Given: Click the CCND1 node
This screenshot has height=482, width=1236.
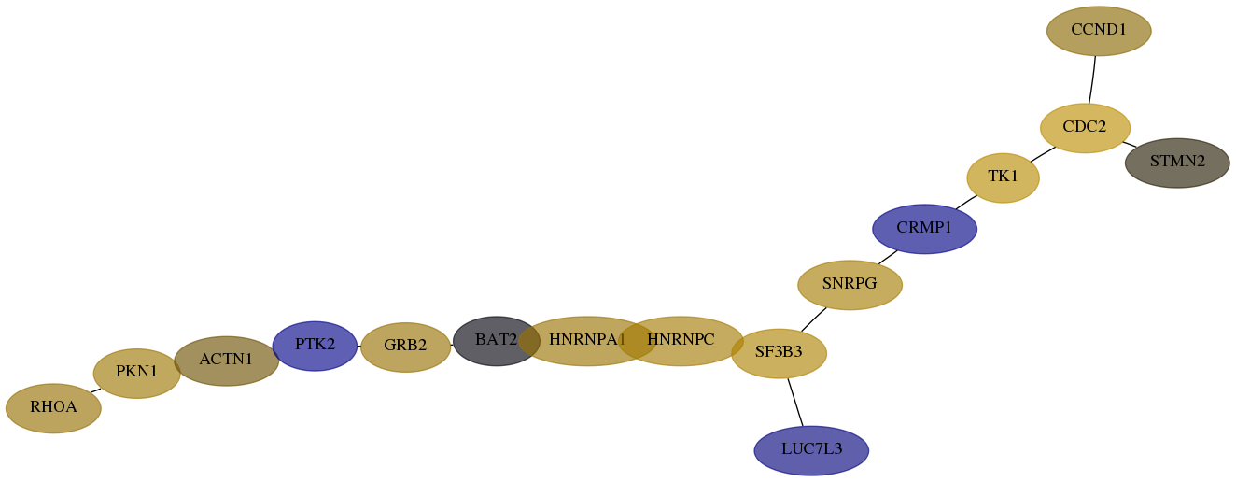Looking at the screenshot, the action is click(x=1099, y=31).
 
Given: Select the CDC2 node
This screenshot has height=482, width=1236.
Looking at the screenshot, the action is click(x=1085, y=128).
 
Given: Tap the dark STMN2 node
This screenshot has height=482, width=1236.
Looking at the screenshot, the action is click(x=1177, y=163).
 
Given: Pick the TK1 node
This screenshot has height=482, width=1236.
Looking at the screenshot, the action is click(x=1003, y=177).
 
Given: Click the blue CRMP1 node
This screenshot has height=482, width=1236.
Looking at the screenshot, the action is click(x=924, y=229).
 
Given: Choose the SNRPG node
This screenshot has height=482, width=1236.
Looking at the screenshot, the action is click(x=850, y=285).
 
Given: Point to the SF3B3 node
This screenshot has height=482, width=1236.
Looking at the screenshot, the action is click(x=779, y=353).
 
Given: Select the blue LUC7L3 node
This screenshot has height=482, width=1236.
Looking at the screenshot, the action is click(x=811, y=450).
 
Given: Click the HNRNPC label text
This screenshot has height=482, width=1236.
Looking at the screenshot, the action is click(x=681, y=340).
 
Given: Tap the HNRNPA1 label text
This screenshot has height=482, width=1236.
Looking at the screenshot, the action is click(x=587, y=340).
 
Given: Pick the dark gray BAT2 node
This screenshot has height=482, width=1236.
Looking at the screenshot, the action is click(x=496, y=341).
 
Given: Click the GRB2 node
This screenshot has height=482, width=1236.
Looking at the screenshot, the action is click(x=405, y=347).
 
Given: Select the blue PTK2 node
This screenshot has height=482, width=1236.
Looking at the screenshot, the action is click(x=315, y=347).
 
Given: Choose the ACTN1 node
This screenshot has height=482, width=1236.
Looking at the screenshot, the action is click(x=226, y=361).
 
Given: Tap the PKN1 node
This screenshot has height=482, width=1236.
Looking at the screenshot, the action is click(x=136, y=374).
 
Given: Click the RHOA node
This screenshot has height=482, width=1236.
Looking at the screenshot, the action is click(x=53, y=408).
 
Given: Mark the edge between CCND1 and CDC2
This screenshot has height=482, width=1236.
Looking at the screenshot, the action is click(x=1092, y=80).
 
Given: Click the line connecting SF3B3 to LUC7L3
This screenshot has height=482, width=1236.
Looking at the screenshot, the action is click(x=795, y=403).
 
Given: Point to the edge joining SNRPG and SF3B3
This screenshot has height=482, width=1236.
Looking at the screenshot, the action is click(x=813, y=319).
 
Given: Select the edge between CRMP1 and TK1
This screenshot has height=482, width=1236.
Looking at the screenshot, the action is click(x=966, y=202).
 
